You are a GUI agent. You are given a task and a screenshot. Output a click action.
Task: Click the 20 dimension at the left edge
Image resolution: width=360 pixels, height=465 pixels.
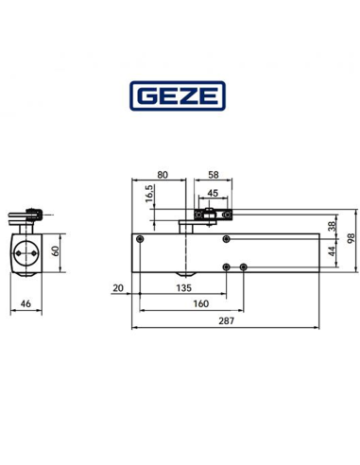(x=117, y=287)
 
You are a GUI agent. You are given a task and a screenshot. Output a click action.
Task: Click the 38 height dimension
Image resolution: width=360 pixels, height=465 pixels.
(x=331, y=227)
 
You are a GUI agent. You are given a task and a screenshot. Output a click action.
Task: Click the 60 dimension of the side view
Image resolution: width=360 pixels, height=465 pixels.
(x=54, y=251)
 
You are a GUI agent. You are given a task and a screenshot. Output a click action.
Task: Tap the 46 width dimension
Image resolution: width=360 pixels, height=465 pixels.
(x=26, y=304)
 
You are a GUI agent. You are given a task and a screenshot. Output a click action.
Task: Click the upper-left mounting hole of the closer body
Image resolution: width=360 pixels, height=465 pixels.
(x=140, y=240)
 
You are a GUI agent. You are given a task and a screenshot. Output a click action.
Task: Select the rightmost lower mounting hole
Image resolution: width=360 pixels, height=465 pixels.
(x=244, y=267)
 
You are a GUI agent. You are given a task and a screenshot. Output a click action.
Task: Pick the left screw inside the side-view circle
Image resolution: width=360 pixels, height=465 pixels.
(x=19, y=252)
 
